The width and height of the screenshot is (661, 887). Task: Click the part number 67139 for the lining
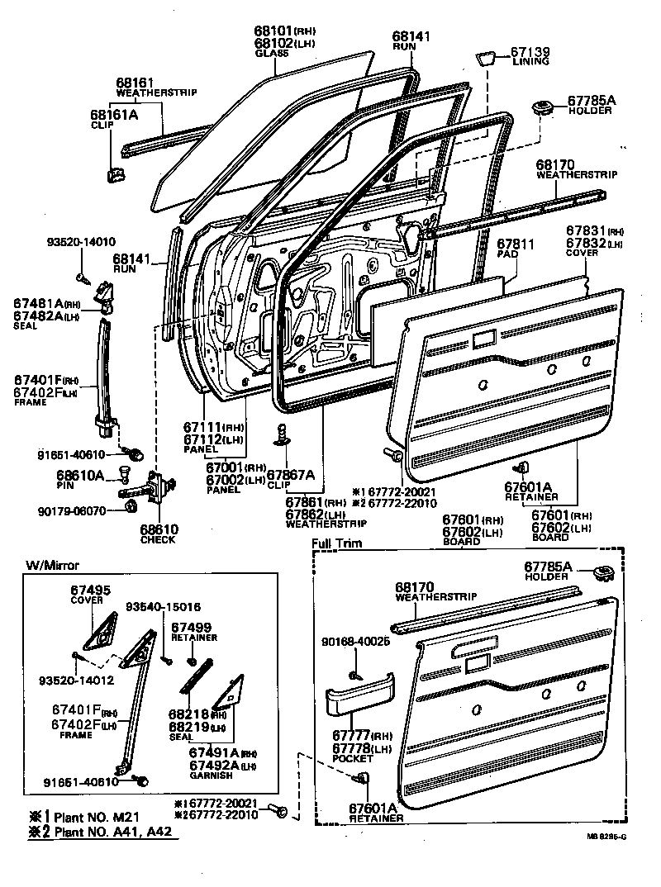[x=530, y=52]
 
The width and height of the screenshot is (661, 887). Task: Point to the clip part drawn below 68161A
[x=115, y=174]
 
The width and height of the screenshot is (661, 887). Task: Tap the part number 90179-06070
[x=74, y=511]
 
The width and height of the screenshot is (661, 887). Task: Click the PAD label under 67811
[x=505, y=257]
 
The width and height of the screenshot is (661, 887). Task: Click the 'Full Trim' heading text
[x=336, y=544]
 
